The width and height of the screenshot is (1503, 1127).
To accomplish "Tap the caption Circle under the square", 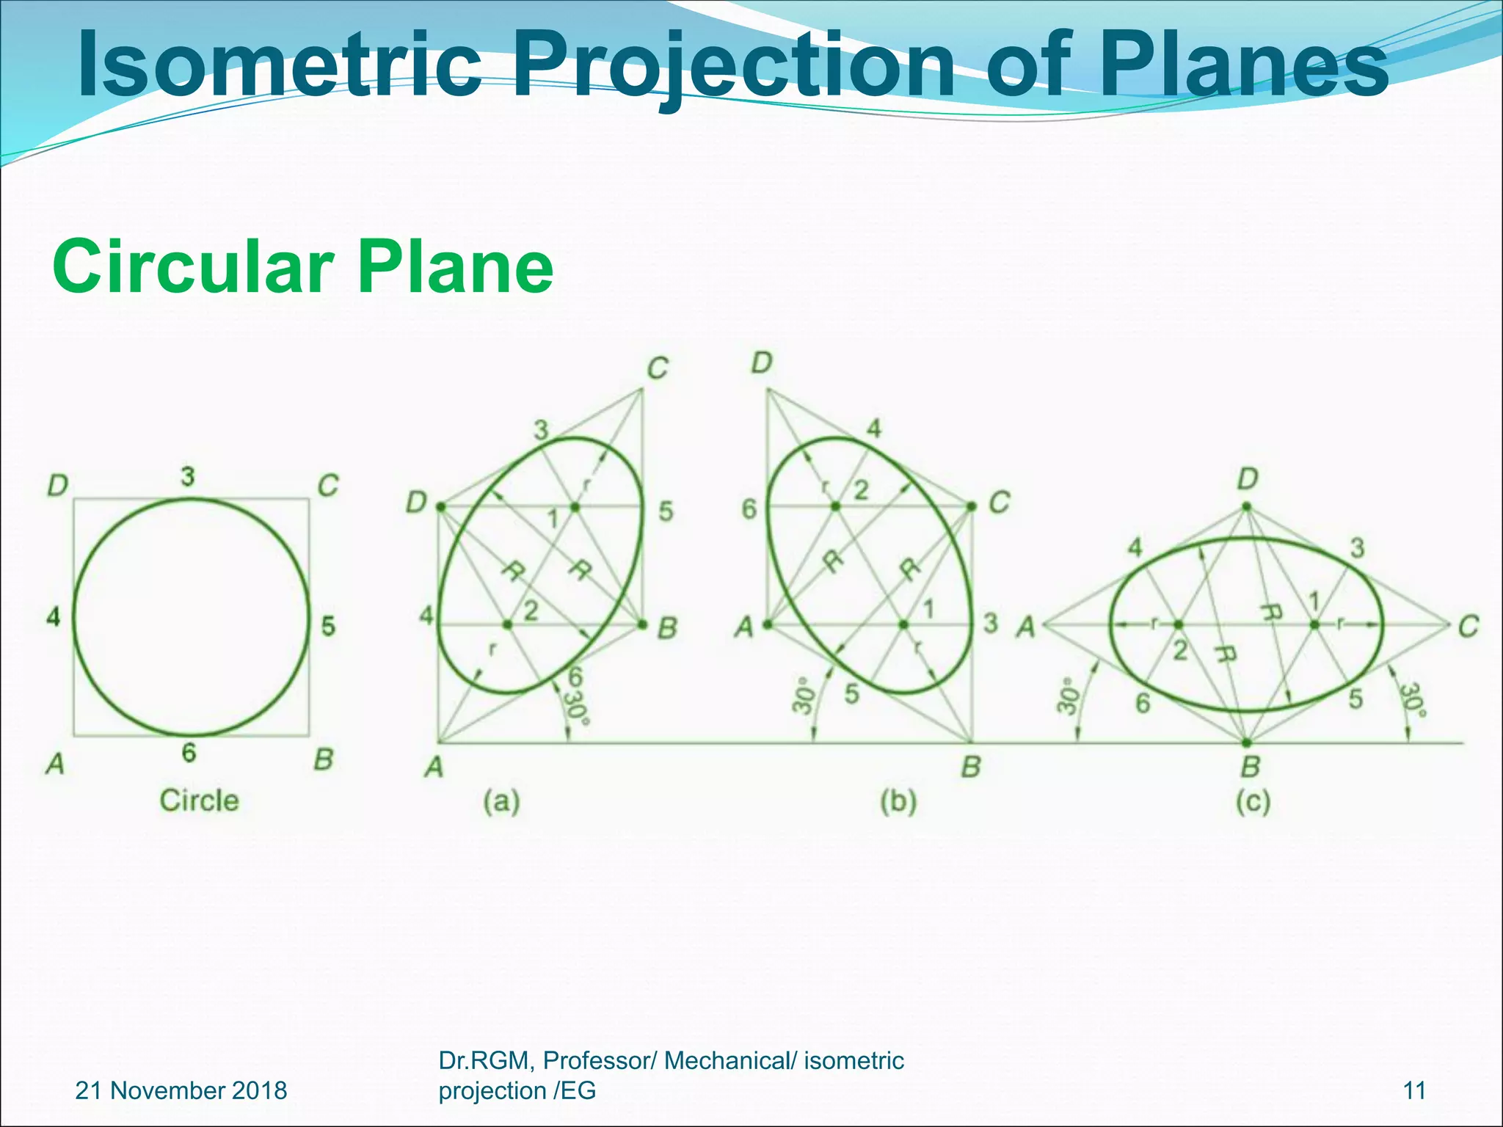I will pos(199,800).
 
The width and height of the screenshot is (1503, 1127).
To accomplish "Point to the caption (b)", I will pos(898,802).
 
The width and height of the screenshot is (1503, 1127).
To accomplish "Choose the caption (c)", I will pos(1252,802).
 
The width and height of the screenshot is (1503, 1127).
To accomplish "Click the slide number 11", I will pos(1413,1090).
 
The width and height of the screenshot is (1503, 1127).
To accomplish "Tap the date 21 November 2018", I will pos(181,1090).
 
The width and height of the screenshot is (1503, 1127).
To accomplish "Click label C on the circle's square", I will pos(327,486).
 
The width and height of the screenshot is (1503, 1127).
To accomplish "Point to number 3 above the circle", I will pos(189,477).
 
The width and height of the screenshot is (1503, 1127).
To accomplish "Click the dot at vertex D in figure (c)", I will pos(1246,506).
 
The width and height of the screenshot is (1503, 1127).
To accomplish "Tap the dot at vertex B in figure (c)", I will pos(1246,743).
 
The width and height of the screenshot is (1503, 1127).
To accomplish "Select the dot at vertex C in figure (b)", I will pos(972,506).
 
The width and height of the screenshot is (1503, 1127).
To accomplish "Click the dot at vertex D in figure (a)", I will pos(440,506).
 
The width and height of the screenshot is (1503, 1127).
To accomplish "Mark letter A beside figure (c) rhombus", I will pos(1026,627).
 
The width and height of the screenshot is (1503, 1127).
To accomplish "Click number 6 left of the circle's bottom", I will pos(189,753).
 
